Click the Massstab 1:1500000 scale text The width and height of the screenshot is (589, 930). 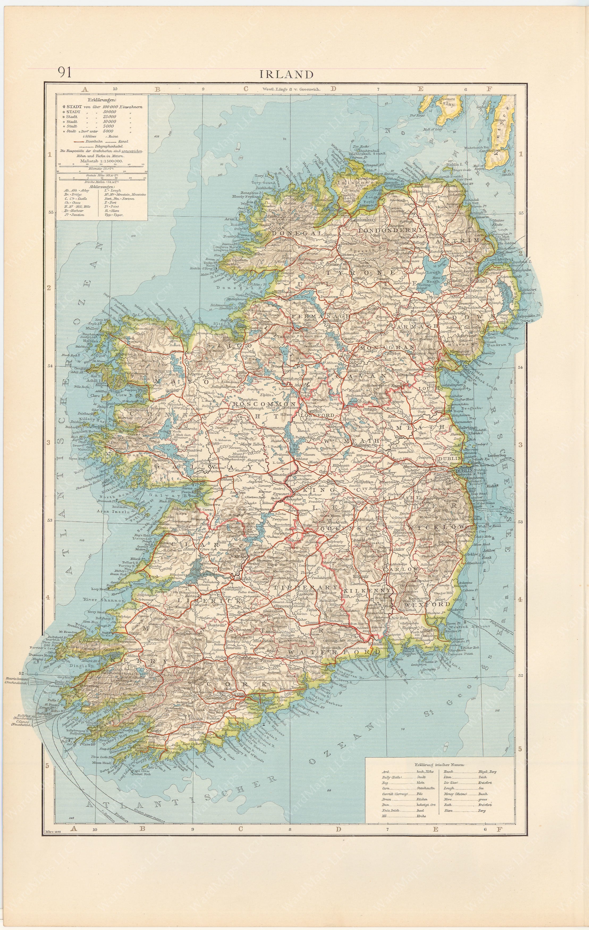pyautogui.click(x=101, y=161)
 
